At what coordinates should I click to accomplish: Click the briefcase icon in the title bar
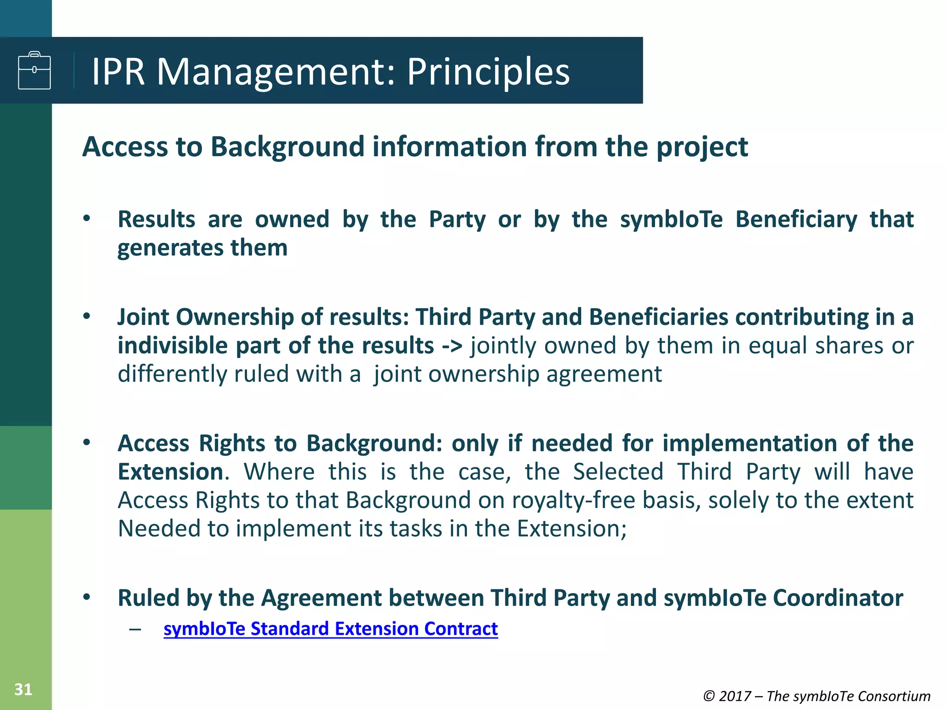34,70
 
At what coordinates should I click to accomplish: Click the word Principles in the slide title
488,72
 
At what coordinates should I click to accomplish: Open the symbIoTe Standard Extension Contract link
331,629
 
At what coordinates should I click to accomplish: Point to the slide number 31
23,689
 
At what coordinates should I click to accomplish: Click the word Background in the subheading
288,147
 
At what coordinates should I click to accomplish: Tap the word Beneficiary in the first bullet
796,219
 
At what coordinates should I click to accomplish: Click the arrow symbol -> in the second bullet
452,346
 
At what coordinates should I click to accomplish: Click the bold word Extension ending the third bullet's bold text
170,472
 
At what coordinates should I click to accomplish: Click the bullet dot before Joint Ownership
86,317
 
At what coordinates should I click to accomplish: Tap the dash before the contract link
135,629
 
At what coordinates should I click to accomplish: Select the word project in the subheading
702,147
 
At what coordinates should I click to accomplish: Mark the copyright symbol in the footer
709,696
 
